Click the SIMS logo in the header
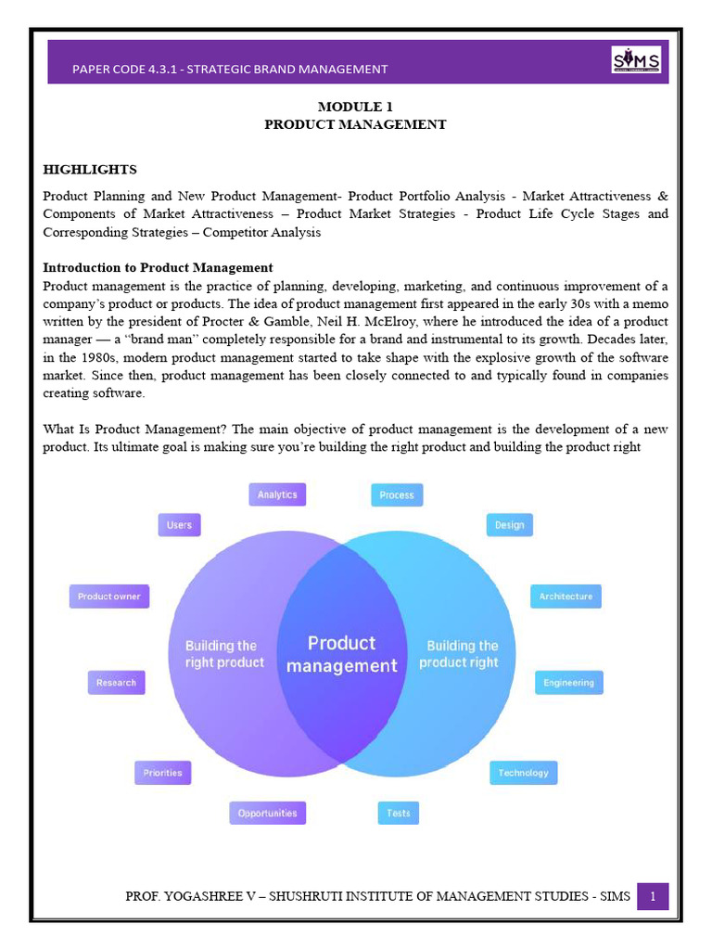click(636, 60)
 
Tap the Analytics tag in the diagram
click(277, 494)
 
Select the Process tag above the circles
click(397, 494)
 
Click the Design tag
click(509, 524)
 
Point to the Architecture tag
click(566, 597)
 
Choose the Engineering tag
click(568, 683)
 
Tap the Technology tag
click(523, 773)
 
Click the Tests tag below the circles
click(398, 813)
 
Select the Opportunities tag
click(267, 813)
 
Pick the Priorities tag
click(162, 773)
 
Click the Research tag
click(116, 683)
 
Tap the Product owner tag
click(108, 597)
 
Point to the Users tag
click(179, 524)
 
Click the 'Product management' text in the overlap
click(341, 654)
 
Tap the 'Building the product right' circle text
click(462, 654)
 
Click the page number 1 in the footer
click(653, 896)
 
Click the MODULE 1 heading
click(355, 107)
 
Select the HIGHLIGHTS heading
click(90, 170)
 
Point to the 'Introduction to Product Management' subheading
click(158, 267)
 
